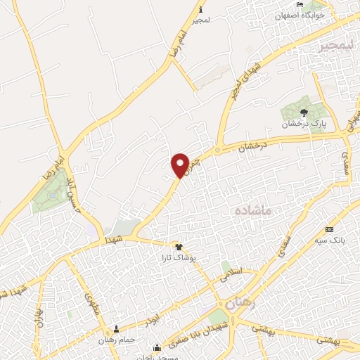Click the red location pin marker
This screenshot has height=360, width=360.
[x=180, y=165]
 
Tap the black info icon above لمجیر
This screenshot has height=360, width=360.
[x=201, y=9]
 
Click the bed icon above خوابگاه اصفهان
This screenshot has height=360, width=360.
[x=300, y=5]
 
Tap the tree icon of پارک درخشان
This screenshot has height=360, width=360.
[x=304, y=112]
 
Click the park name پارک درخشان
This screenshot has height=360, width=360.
[x=301, y=124]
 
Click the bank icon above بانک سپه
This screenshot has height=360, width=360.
[x=329, y=230]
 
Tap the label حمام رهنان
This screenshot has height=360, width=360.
[x=117, y=340]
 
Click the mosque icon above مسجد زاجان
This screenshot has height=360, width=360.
[x=157, y=347]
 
